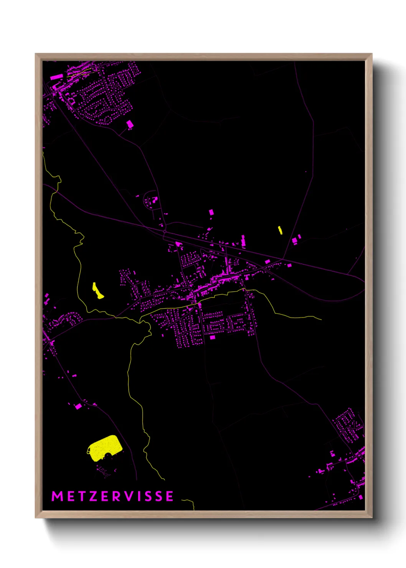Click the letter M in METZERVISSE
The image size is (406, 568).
(57, 496)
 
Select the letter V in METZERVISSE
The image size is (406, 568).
(130, 496)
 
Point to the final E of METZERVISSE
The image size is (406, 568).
(169, 496)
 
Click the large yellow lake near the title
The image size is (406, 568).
(104, 447)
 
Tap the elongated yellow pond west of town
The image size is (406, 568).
(97, 291)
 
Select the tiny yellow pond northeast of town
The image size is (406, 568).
(280, 230)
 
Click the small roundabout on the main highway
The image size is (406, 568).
(165, 232)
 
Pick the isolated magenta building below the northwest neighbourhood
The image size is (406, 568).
(130, 124)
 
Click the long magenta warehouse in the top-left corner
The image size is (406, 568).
(56, 77)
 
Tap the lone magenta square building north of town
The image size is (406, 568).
(211, 212)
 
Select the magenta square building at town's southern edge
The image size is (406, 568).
(212, 337)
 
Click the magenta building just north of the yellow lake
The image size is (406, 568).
(78, 406)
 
